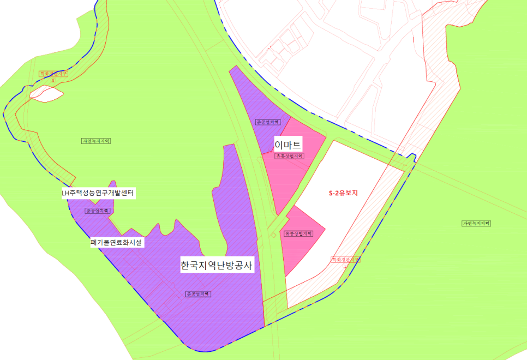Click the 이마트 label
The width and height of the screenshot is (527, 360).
coord(288,145)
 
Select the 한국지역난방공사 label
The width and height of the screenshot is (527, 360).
coord(218,266)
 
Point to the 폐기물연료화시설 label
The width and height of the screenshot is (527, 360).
coord(117,242)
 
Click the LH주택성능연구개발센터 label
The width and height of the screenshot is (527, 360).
coord(98,193)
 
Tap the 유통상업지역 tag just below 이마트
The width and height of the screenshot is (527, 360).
coord(289,156)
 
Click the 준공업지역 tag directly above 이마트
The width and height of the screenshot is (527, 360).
coord(267,122)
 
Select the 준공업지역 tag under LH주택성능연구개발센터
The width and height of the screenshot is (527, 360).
coord(98,210)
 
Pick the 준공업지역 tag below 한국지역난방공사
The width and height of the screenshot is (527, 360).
coord(198,293)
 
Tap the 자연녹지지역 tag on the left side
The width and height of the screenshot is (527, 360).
coord(95,141)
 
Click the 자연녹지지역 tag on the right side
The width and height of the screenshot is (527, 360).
coord(476,224)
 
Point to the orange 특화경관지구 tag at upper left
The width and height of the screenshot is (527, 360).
coord(52,73)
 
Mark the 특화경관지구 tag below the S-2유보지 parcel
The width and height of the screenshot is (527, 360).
coord(346,260)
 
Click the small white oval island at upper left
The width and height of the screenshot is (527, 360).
coord(46,94)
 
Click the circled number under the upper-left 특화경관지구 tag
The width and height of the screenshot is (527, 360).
coord(53,80)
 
